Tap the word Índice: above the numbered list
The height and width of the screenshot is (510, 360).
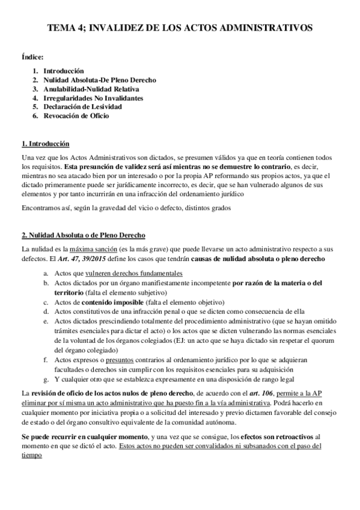[x=32, y=57]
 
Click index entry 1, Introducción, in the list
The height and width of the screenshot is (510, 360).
[x=64, y=70]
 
